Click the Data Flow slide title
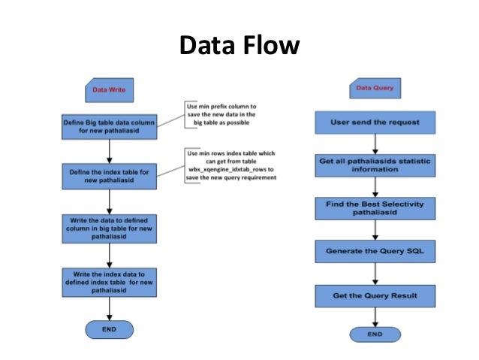(x=239, y=46)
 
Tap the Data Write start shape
(x=109, y=91)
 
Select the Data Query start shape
(x=374, y=89)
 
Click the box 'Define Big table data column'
(x=110, y=127)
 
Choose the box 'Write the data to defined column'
(x=110, y=229)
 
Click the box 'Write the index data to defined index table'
(x=110, y=282)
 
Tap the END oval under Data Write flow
(x=110, y=330)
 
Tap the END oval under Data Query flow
(x=374, y=334)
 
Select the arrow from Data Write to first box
(x=110, y=108)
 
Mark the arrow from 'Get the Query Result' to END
(x=375, y=316)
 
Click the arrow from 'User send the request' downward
(x=375, y=142)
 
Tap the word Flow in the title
(x=270, y=46)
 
